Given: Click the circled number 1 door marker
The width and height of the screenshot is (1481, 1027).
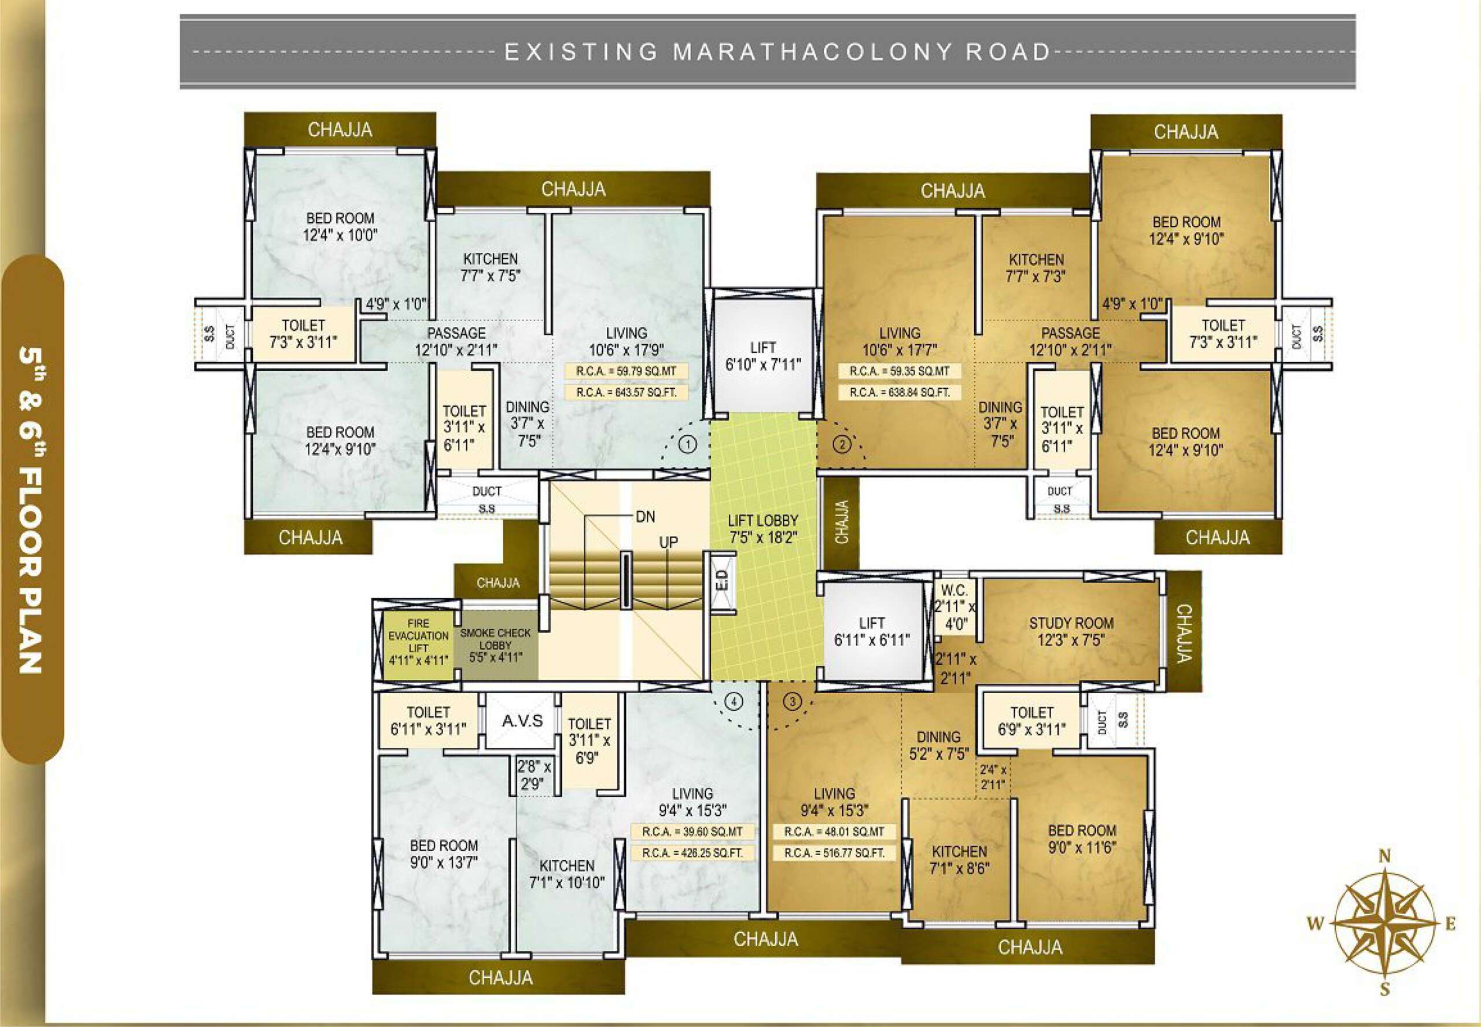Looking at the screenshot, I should click(688, 444).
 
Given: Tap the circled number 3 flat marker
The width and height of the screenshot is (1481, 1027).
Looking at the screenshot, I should click(793, 701).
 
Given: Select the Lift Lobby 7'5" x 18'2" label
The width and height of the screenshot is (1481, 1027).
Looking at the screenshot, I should click(763, 529).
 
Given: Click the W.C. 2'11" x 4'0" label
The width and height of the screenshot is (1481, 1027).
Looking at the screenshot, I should click(954, 607).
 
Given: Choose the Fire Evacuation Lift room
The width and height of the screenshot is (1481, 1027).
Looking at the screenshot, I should click(418, 642).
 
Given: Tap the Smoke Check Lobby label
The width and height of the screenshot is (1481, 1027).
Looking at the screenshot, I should click(495, 644).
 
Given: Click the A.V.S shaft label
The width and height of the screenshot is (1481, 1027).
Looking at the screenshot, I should click(522, 722).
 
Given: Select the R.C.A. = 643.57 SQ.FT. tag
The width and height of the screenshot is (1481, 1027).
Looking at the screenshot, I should click(626, 392).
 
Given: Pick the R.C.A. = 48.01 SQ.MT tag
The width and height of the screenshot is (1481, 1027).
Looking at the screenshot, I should click(834, 831).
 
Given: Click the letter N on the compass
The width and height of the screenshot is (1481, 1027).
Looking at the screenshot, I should click(1385, 856).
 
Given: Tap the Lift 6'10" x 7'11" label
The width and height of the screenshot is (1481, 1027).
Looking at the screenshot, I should click(763, 356).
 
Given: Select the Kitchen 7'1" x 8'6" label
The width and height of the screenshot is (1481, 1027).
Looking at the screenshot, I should click(959, 860).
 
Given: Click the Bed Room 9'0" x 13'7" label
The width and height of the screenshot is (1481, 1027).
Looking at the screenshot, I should click(443, 853).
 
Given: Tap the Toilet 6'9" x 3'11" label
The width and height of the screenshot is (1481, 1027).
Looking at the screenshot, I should click(1031, 721).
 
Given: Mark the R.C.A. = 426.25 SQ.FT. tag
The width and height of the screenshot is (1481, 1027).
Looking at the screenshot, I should click(691, 853).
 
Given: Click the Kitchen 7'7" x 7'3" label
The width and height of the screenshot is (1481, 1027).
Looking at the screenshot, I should click(1036, 268).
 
